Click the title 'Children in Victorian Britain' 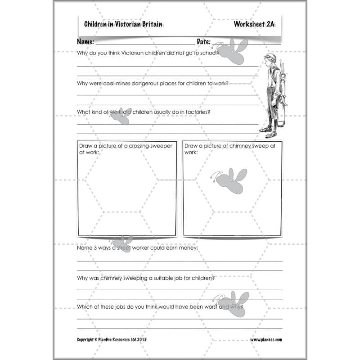(x=123, y=24)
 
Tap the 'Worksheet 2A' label (x=254, y=24)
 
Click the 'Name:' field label (x=85, y=42)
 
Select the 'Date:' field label (x=203, y=42)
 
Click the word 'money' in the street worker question (x=188, y=248)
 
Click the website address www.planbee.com (x=266, y=340)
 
